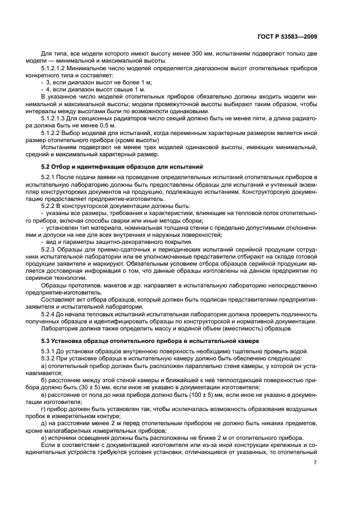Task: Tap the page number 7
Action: coord(315,463)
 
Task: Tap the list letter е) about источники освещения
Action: coord(44,436)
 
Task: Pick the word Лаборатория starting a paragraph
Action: coord(60,328)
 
